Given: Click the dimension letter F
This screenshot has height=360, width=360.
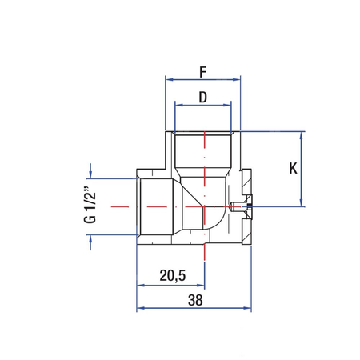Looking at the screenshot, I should [203, 71].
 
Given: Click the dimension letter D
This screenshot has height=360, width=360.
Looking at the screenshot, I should [203, 97].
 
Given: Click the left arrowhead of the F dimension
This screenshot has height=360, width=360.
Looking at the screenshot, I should [168, 80].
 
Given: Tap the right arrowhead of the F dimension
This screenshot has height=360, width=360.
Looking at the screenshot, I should [238, 80].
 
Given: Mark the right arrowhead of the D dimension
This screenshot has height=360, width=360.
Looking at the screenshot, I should [229, 106].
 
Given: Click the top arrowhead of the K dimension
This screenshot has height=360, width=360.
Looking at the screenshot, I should [302, 135].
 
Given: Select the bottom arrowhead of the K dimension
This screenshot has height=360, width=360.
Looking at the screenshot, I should [302, 203].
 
